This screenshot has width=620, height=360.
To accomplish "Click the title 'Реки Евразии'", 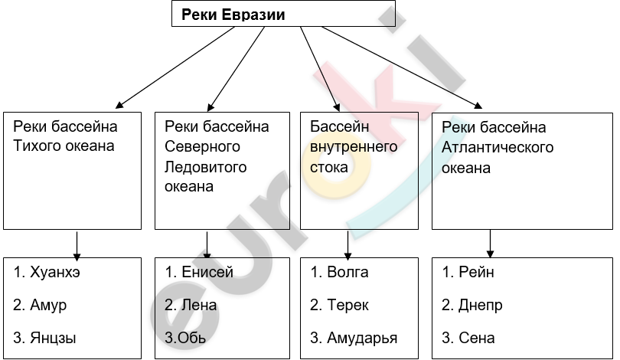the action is click(233, 15).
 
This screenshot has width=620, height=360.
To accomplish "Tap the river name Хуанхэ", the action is click(55, 272).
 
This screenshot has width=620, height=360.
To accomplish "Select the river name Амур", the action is click(48, 306).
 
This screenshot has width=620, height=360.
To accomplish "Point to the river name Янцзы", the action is click(53, 339).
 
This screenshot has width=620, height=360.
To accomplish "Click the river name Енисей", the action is click(207, 272).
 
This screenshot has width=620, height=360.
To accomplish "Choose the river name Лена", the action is click(199, 305).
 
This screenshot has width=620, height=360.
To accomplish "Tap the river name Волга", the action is click(348, 272).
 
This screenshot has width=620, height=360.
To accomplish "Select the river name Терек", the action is click(348, 306).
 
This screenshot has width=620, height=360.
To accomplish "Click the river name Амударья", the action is click(362, 339).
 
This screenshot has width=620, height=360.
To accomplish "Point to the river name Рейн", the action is click(476, 272).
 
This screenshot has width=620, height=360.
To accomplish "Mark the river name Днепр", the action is click(481, 306).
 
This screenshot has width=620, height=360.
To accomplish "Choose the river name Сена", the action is click(476, 339).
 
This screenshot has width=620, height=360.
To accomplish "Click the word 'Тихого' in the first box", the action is click(37, 146).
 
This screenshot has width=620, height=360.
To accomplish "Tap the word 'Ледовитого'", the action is click(206, 166).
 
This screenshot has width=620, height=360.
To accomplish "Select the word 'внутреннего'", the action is click(354, 147).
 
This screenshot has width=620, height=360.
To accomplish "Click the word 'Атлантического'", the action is click(498, 147).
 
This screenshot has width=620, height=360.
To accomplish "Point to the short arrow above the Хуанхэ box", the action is click(77, 246).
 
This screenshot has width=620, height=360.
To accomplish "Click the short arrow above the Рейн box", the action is click(491, 244).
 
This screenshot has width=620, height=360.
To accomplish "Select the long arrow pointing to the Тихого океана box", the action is click(175, 67).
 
